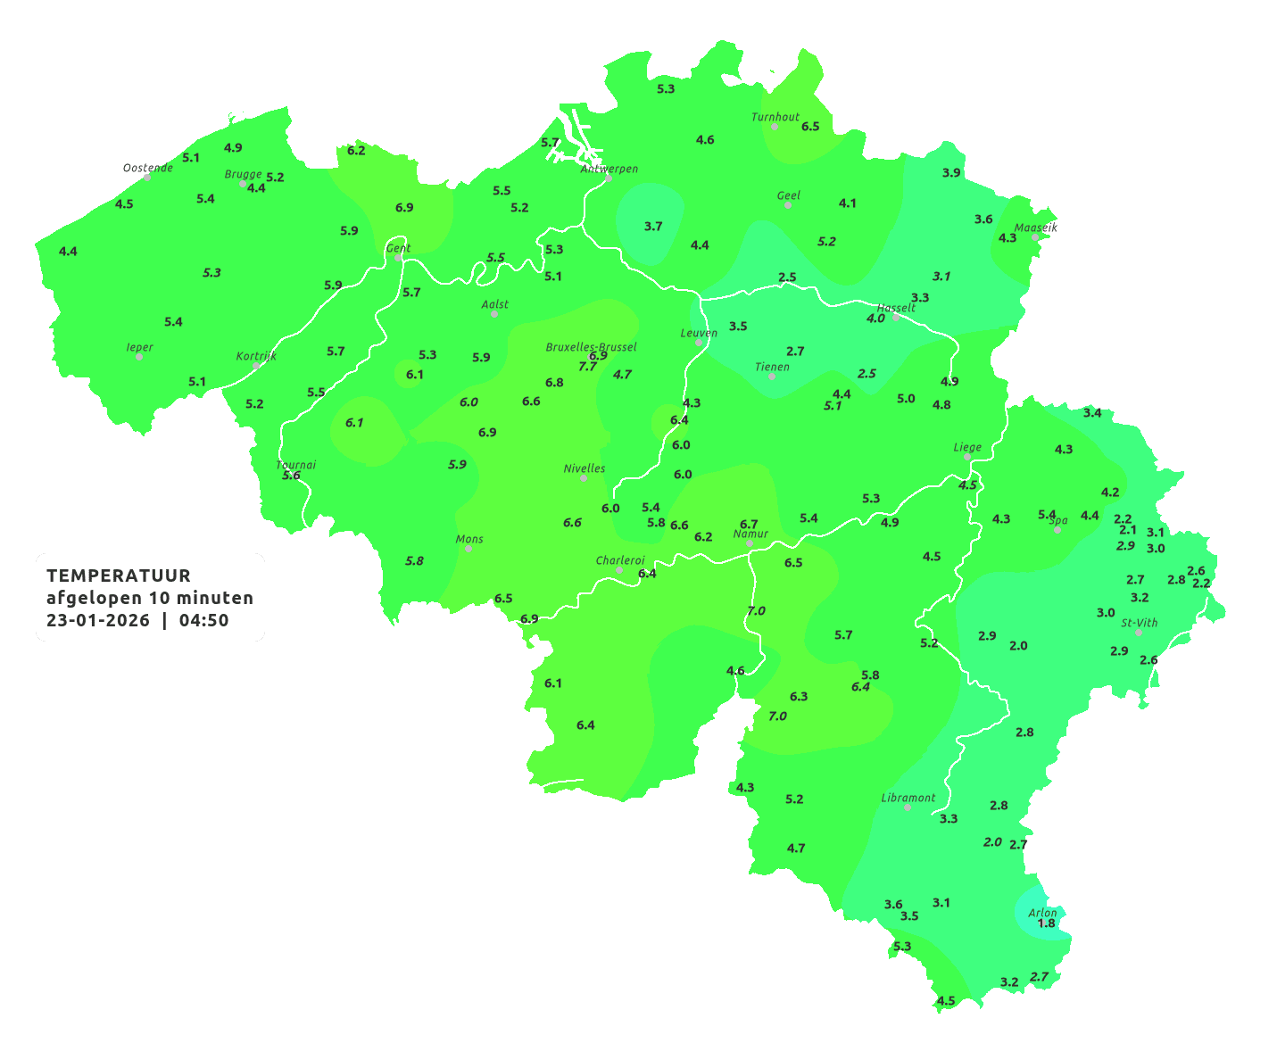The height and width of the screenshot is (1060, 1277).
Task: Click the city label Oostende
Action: click(x=147, y=168)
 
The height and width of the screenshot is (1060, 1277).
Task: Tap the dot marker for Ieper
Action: click(x=139, y=357)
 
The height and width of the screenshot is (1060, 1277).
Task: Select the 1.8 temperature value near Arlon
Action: click(x=1046, y=923)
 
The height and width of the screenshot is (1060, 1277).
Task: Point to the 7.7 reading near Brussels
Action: click(x=587, y=367)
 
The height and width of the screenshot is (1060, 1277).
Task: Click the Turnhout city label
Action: click(x=775, y=117)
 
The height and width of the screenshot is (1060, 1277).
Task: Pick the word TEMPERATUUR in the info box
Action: click(x=119, y=576)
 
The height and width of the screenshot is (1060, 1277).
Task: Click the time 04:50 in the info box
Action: click(x=203, y=620)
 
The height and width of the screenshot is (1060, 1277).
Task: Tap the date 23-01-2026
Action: click(x=98, y=620)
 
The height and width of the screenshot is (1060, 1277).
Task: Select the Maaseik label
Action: click(x=1035, y=228)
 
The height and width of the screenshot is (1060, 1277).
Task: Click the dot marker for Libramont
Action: click(x=908, y=807)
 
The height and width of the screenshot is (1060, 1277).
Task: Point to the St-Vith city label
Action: click(x=1140, y=623)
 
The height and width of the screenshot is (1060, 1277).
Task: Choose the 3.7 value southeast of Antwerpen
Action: click(x=653, y=227)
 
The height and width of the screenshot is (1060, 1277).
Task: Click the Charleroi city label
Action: click(x=620, y=560)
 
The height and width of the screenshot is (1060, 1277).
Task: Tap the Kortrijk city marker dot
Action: click(x=256, y=366)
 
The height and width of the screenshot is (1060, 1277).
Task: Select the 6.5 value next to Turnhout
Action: click(x=810, y=127)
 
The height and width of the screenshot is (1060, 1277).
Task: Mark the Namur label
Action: click(x=750, y=534)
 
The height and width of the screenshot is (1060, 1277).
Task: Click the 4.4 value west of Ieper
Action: click(x=68, y=252)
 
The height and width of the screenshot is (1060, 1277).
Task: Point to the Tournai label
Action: click(x=296, y=465)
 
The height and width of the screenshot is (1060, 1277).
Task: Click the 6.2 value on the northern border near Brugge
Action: click(x=356, y=151)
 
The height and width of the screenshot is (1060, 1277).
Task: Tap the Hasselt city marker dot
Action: click(x=896, y=318)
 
